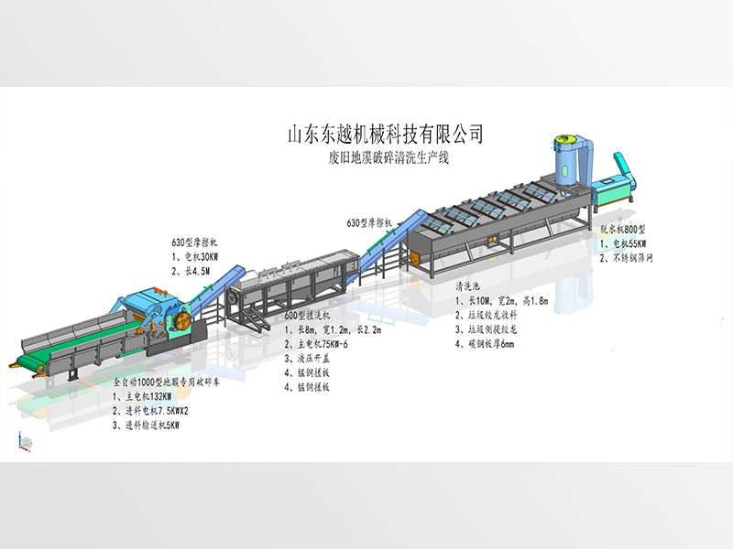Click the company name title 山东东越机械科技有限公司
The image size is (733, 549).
click(x=386, y=134)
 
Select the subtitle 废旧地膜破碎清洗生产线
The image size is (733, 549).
click(x=386, y=156)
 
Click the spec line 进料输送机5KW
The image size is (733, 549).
click(x=157, y=425)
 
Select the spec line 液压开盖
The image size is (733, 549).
click(x=312, y=359)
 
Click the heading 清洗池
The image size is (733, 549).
click(x=470, y=286)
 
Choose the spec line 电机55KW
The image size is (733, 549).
click(x=627, y=244)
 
